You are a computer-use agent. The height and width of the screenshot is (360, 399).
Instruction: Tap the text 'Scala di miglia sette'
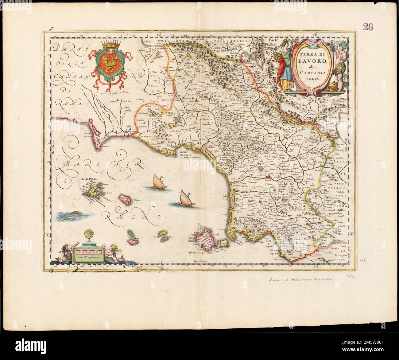pyautogui.click(x=88, y=257)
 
